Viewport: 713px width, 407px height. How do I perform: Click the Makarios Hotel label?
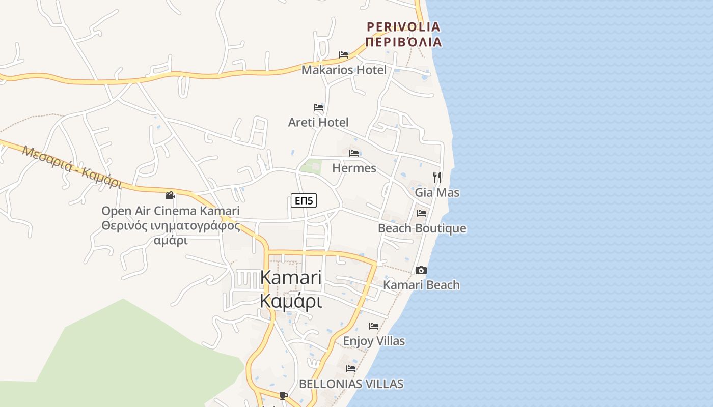(x=344, y=70)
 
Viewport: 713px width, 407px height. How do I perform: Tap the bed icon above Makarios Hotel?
(x=344, y=55)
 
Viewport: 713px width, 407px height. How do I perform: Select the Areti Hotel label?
(x=318, y=122)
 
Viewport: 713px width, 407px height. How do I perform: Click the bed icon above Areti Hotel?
(x=318, y=107)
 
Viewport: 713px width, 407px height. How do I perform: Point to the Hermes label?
(x=354, y=168)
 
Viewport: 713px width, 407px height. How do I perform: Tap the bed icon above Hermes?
(x=354, y=153)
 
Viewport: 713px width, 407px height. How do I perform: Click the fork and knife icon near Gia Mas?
(x=437, y=177)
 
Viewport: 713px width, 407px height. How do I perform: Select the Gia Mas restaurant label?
(x=437, y=192)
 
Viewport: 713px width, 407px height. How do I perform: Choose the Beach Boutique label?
(x=422, y=228)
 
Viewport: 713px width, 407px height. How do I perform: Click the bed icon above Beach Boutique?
(x=422, y=213)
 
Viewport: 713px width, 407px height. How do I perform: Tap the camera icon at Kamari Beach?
(x=421, y=270)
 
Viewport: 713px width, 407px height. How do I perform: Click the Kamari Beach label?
(x=421, y=285)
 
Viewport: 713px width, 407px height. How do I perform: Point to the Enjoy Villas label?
(x=374, y=341)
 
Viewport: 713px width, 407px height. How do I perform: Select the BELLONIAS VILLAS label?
(x=351, y=384)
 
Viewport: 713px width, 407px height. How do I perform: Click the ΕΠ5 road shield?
(x=304, y=201)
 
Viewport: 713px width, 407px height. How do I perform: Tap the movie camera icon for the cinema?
(x=170, y=195)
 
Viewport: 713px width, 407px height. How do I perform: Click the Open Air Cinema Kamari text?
(x=170, y=211)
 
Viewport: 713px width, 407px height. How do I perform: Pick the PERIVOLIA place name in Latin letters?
(x=403, y=26)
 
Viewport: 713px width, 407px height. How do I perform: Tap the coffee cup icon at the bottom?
(x=284, y=395)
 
